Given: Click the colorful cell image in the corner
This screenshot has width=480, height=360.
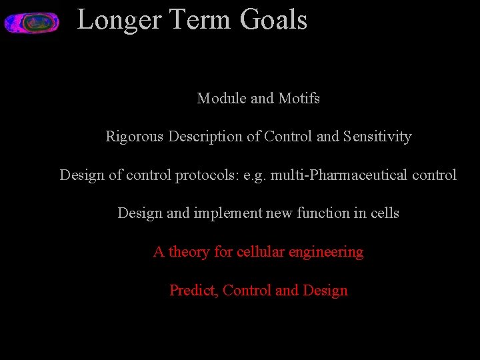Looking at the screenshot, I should click(31, 23).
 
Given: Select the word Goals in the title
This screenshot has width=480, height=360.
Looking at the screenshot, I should click(273, 20).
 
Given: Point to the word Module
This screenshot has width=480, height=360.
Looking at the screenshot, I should click(221, 99).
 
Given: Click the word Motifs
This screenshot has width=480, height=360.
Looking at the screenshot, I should click(299, 99).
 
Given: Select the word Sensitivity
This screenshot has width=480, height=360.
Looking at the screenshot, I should click(377, 137).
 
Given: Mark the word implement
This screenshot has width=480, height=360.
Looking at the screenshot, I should click(225, 213).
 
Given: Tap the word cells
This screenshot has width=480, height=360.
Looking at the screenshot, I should click(383, 213).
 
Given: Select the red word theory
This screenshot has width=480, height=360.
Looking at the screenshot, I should click(189, 252).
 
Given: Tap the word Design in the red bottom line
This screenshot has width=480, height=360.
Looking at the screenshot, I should click(325, 291).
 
